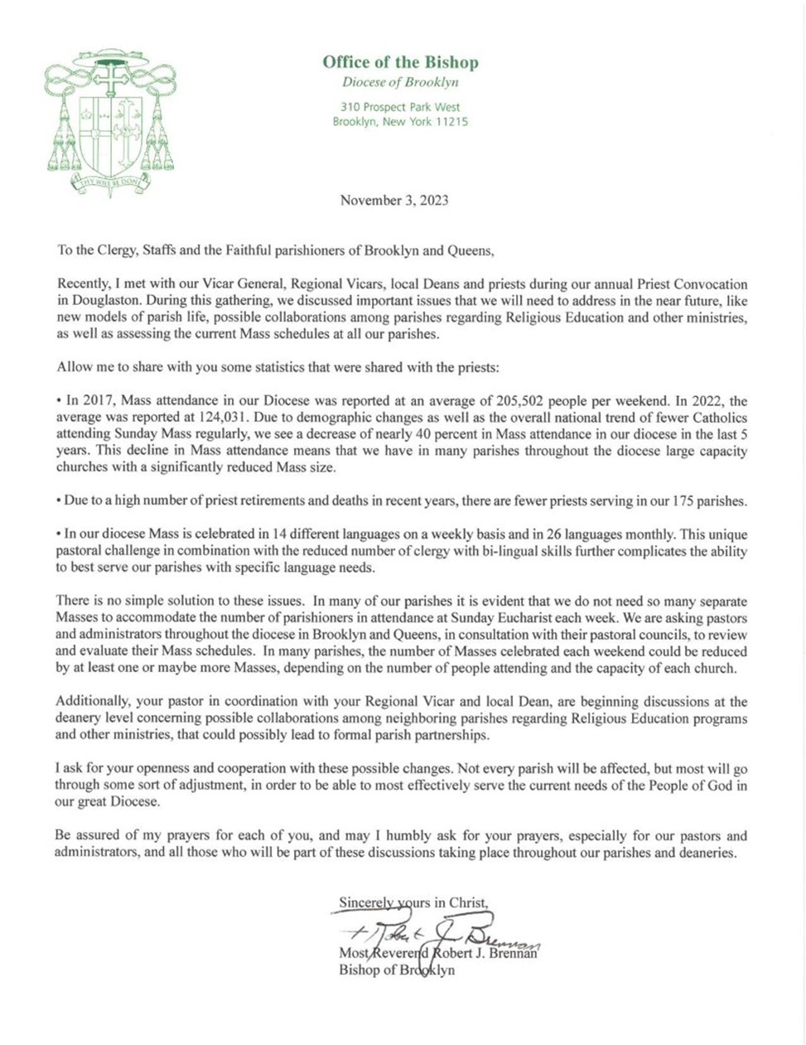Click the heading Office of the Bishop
400,62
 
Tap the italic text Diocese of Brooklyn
400,82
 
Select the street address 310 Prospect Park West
400,107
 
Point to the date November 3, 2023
394,200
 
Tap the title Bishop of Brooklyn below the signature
397,970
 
